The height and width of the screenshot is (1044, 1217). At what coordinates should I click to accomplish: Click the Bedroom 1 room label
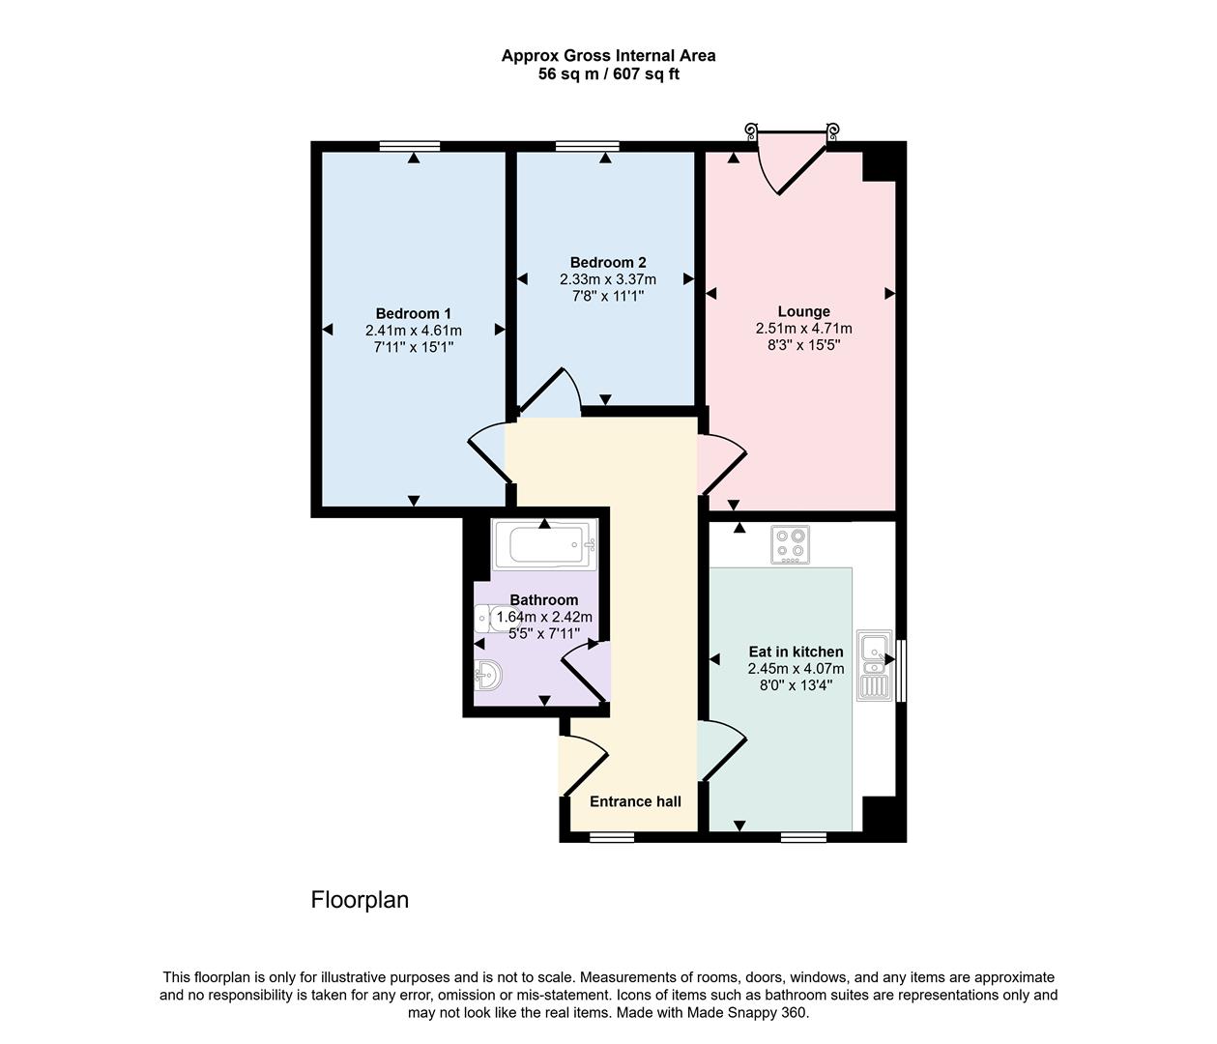coord(413,313)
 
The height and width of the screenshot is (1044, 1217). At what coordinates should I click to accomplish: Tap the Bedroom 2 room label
coord(607,262)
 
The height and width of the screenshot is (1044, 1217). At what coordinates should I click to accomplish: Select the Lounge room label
coord(803,311)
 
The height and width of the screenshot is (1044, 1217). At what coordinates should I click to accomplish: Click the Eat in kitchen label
coord(796,652)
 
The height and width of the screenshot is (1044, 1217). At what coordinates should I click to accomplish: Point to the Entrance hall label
coord(635,801)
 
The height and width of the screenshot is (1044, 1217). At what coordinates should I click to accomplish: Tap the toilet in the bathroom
coord(489,617)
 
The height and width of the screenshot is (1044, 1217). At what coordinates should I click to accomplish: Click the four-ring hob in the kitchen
coord(789,545)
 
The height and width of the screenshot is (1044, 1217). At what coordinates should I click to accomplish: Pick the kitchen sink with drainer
coord(874,665)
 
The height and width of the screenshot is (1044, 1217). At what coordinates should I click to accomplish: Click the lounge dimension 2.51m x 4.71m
coord(803,329)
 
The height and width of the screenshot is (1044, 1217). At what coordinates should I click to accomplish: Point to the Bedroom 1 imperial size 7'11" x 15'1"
coord(413,346)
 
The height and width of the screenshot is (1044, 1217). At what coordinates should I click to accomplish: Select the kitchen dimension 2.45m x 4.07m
coord(796,669)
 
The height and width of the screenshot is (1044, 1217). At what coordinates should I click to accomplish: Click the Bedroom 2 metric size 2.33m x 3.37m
coord(607,279)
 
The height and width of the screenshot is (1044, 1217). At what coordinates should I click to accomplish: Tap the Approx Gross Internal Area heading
coord(608,56)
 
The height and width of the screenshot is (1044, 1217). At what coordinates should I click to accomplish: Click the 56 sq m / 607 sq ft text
coord(608,73)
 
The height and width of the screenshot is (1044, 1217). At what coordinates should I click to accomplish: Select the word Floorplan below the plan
coord(360,900)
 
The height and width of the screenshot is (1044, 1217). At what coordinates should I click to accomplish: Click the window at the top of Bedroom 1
coord(410,146)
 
